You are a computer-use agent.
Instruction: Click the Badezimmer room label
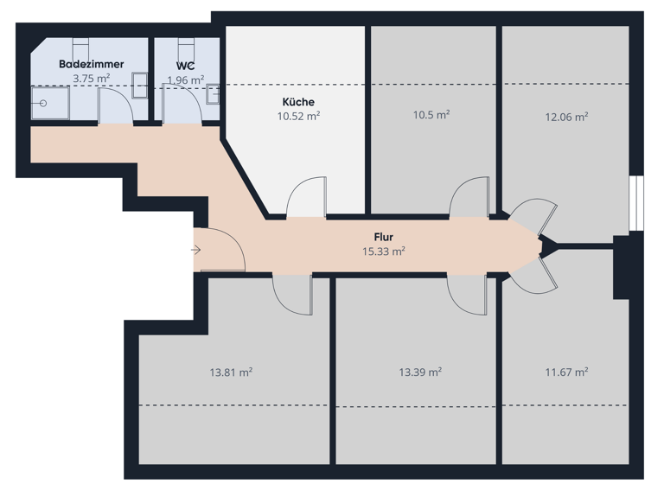(91, 64)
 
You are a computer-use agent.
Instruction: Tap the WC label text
(184, 65)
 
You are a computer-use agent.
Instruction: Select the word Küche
(298, 102)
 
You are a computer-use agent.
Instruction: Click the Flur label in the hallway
(384, 237)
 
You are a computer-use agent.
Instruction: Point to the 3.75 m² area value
(91, 79)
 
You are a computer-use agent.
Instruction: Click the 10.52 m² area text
(298, 116)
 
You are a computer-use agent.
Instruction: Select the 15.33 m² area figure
(384, 252)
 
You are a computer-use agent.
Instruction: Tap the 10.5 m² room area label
(431, 114)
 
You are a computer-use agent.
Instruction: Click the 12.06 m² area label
(566, 117)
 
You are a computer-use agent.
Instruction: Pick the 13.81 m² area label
(231, 373)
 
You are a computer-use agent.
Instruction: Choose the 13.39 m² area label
(420, 373)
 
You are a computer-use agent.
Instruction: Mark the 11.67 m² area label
(566, 372)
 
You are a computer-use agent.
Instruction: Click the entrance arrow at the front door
(196, 251)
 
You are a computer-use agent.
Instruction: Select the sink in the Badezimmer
(139, 80)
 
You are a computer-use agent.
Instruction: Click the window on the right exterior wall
(635, 204)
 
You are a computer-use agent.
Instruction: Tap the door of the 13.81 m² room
(291, 294)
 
